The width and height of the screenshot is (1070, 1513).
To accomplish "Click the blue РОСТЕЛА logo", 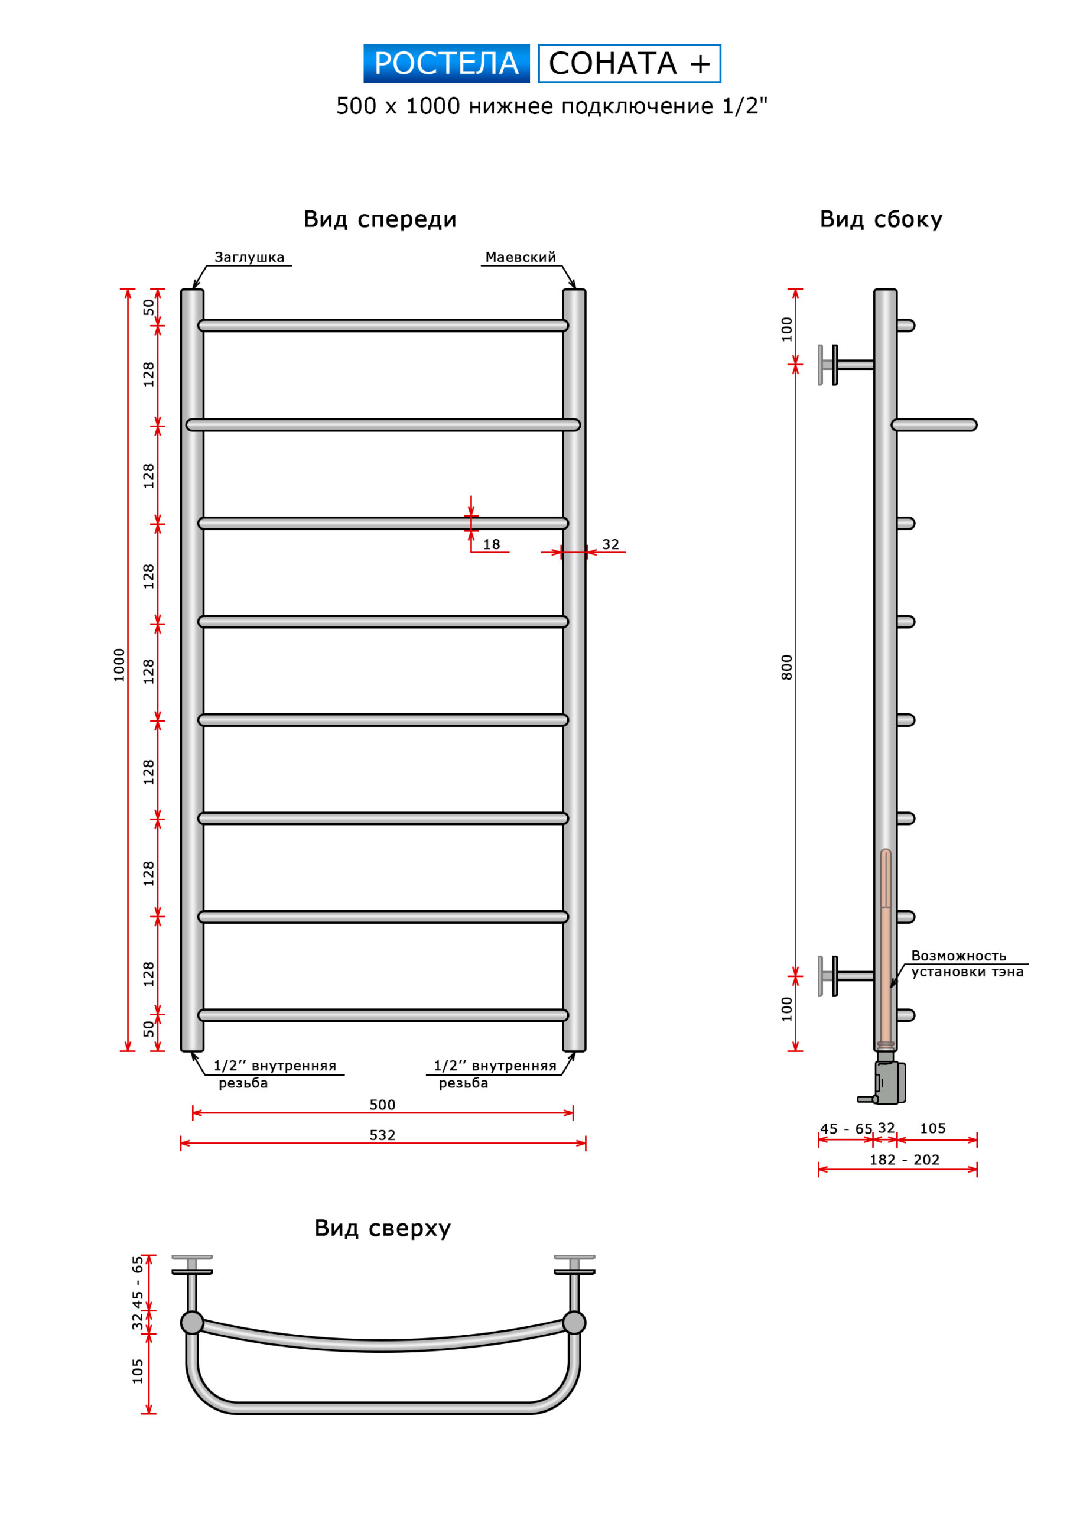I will (x=446, y=64).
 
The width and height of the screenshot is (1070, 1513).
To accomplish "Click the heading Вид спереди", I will (x=379, y=219).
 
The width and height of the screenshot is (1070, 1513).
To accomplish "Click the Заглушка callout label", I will (x=249, y=258).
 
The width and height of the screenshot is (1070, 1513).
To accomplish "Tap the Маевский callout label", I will (x=520, y=258).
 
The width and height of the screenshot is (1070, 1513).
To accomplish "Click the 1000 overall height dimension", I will (x=119, y=665).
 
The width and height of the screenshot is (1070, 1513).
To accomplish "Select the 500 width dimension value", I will (x=382, y=1105).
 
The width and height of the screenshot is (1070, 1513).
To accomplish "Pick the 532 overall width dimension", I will (x=382, y=1135).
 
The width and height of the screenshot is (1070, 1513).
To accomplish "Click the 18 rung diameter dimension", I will (x=492, y=545).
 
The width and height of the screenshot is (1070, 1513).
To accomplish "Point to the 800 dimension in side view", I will (x=786, y=667).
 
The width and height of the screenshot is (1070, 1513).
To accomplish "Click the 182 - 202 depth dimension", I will (x=904, y=1160).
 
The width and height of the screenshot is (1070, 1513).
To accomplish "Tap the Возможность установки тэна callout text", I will (x=967, y=964).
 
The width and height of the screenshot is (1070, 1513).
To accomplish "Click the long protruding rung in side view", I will (x=936, y=425).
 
